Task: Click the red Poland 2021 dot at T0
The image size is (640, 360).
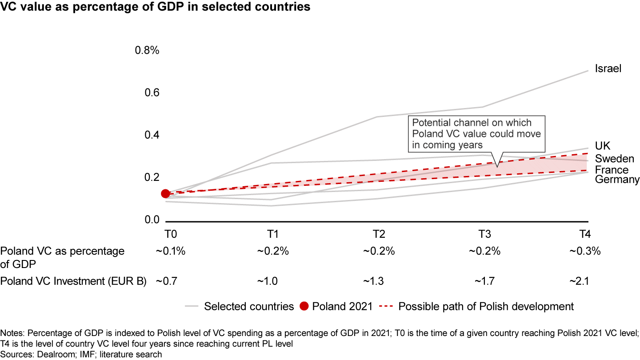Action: point(165,193)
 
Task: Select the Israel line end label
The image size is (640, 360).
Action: point(608,69)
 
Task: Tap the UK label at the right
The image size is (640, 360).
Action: point(603,146)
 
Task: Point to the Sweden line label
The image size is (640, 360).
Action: point(614,159)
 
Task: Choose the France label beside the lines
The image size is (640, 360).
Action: point(612,170)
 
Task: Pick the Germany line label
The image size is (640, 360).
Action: point(617,180)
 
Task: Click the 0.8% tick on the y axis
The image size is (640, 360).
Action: point(147,50)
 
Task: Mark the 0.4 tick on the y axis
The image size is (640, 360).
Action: point(151,135)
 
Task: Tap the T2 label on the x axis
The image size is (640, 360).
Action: point(379,235)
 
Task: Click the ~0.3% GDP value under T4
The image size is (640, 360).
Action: point(584,251)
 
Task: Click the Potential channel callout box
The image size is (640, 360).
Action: point(477,134)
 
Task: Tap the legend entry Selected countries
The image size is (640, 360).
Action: point(249,306)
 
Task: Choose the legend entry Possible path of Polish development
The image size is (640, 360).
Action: point(486,306)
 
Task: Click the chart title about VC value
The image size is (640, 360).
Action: point(155,7)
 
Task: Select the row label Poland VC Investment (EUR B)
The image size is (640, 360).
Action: point(73,281)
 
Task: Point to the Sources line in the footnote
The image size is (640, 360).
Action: point(81,354)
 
